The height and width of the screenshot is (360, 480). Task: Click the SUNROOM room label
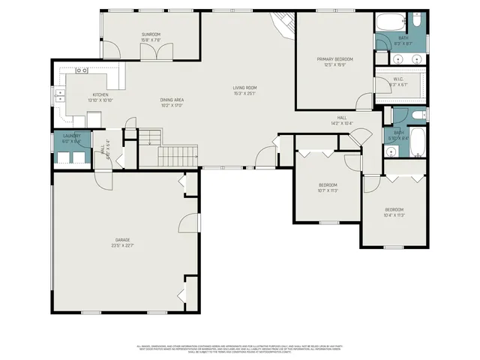(x=151, y=34)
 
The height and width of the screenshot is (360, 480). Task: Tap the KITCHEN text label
(x=100, y=94)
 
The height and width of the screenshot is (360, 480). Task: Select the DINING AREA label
(x=172, y=100)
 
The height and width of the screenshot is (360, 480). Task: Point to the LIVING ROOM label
(x=244, y=88)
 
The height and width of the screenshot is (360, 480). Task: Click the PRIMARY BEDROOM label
(x=334, y=59)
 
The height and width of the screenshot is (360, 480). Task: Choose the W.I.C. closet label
(x=398, y=80)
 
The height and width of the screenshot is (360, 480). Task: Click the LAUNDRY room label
(x=71, y=136)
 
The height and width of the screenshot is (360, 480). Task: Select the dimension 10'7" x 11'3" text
(x=328, y=190)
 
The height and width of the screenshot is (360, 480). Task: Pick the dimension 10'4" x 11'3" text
(x=394, y=215)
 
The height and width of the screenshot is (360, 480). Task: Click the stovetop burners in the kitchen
(x=82, y=70)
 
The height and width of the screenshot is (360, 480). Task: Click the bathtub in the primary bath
(x=390, y=20)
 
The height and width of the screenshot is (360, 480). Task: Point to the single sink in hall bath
(x=391, y=150)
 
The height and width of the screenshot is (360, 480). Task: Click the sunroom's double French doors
(x=158, y=49)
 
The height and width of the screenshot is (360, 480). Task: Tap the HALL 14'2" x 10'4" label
(x=342, y=120)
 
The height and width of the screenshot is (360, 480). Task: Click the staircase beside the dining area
(x=177, y=155)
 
